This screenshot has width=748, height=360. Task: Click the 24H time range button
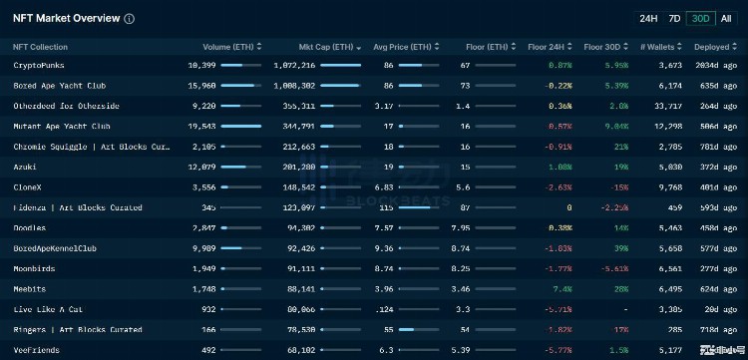coord(648,18)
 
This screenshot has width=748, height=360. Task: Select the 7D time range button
coord(674,18)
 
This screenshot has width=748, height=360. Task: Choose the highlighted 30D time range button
coord(701,18)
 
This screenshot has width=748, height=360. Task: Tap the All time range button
coord(726,18)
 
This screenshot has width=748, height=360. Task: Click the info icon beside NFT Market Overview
coord(130,19)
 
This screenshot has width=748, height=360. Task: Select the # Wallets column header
coord(661,47)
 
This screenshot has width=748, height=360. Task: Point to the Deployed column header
coord(714,47)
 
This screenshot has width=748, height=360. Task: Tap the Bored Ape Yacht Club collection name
coord(60,86)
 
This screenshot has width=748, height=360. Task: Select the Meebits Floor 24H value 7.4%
coord(561,289)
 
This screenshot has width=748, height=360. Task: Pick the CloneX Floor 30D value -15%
coord(618,187)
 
